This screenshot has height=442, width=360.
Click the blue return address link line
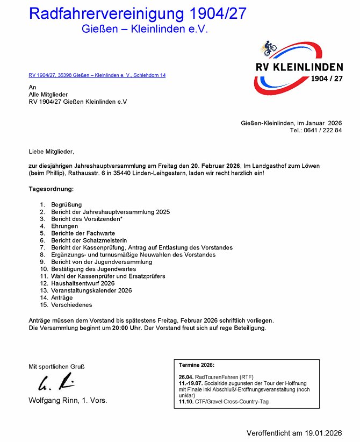coord(97,75)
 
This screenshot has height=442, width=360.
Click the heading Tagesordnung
coord(51,189)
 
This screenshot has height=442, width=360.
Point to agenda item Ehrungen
coord(64,226)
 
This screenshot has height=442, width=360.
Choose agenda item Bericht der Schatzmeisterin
coord(89,241)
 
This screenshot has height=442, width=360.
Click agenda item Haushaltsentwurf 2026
coord(83,283)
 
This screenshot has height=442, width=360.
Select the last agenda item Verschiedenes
coord(71,305)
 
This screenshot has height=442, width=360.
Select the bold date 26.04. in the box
coord(186,377)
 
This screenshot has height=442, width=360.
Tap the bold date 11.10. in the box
coord(186,402)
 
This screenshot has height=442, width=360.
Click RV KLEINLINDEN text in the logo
coord(299,67)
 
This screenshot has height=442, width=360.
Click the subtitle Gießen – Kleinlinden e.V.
coord(145,29)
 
